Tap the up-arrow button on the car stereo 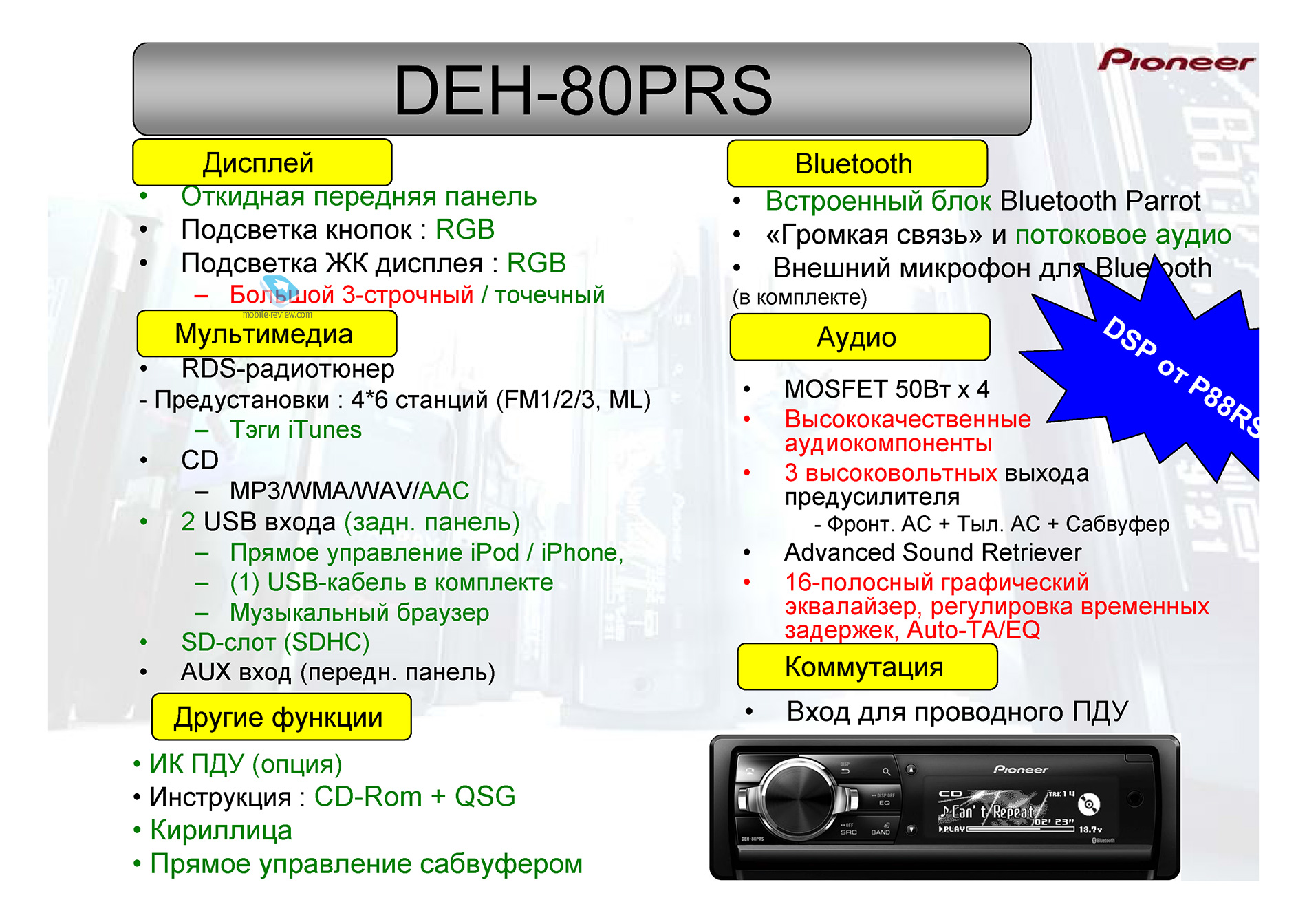click(x=911, y=769)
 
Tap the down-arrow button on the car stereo click(x=911, y=829)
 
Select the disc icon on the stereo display click(x=1089, y=804)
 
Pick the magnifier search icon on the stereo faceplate click(x=887, y=772)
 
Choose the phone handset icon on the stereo click(x=749, y=771)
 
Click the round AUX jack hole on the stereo click(x=1135, y=799)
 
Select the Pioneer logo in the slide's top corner click(x=1176, y=61)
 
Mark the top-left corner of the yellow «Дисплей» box click(x=133, y=140)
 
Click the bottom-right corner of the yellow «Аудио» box click(x=990, y=360)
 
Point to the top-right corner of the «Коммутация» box click(x=997, y=644)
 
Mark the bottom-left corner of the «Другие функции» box click(x=152, y=740)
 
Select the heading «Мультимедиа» click(x=264, y=334)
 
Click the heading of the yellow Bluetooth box click(x=854, y=164)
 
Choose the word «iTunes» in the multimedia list click(x=325, y=429)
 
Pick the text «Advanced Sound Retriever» click(x=933, y=552)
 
